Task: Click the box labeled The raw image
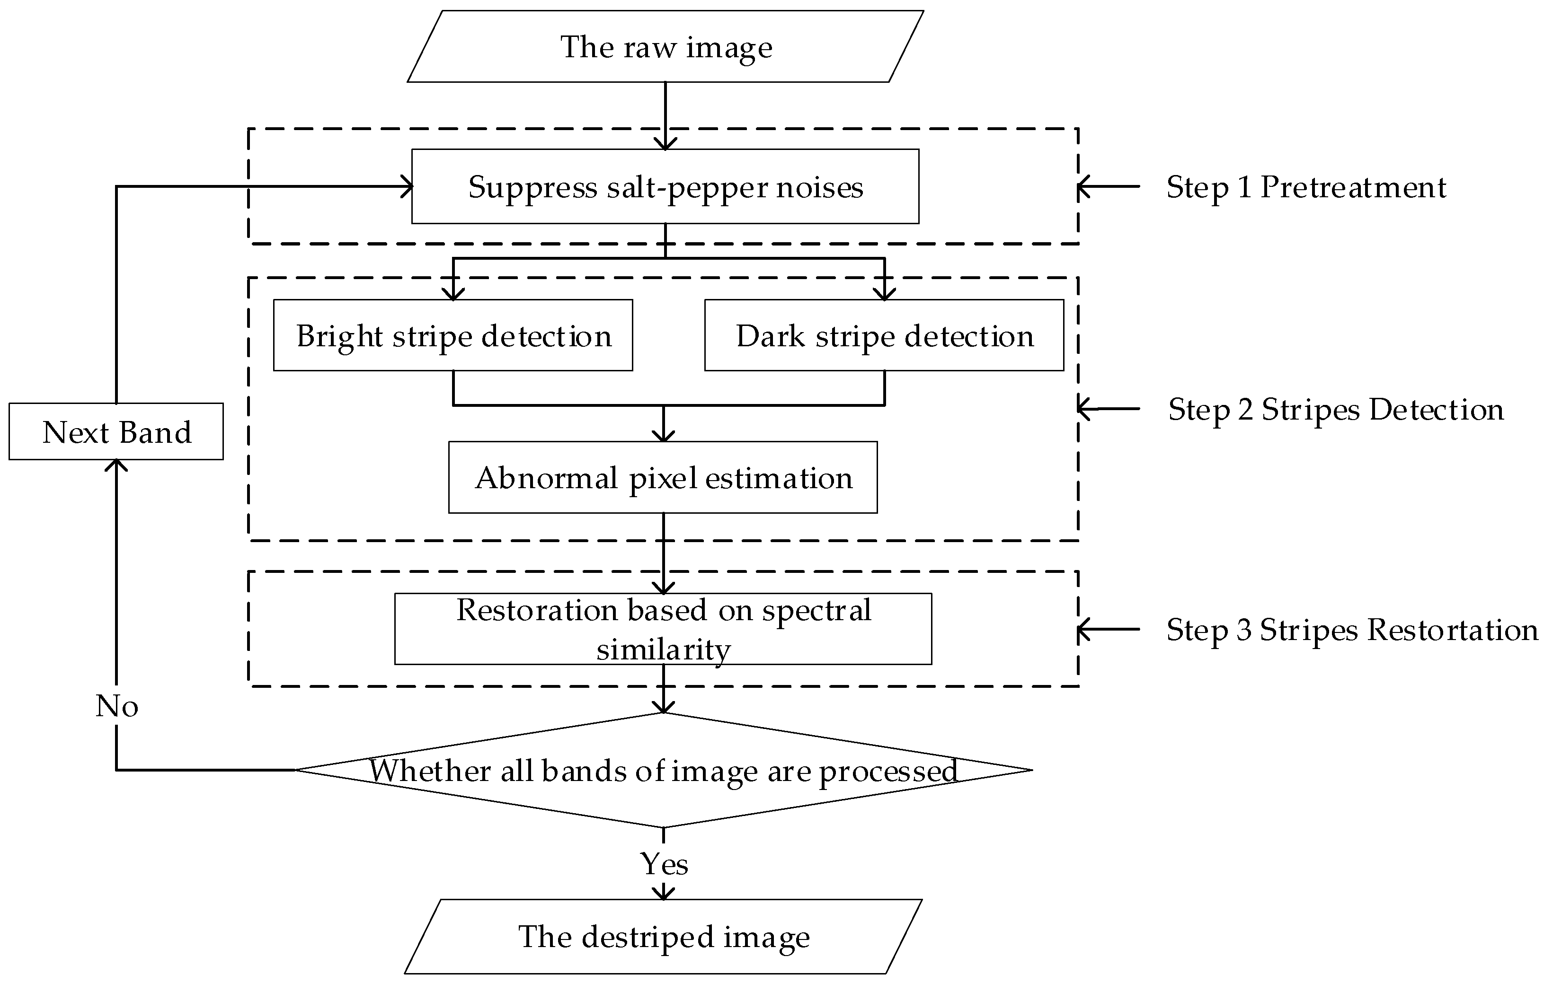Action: pyautogui.click(x=666, y=47)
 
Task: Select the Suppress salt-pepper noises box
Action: pyautogui.click(x=665, y=186)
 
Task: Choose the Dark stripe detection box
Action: pyautogui.click(x=884, y=335)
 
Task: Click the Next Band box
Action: pyautogui.click(x=116, y=431)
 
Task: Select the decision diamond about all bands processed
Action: pyautogui.click(x=663, y=770)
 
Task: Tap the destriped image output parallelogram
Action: pyautogui.click(x=663, y=936)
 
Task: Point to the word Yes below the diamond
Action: pyautogui.click(x=664, y=864)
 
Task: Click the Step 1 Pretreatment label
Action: pyautogui.click(x=1305, y=187)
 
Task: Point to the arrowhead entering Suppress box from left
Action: pyautogui.click(x=407, y=186)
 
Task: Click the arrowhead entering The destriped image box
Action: pyautogui.click(x=663, y=893)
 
